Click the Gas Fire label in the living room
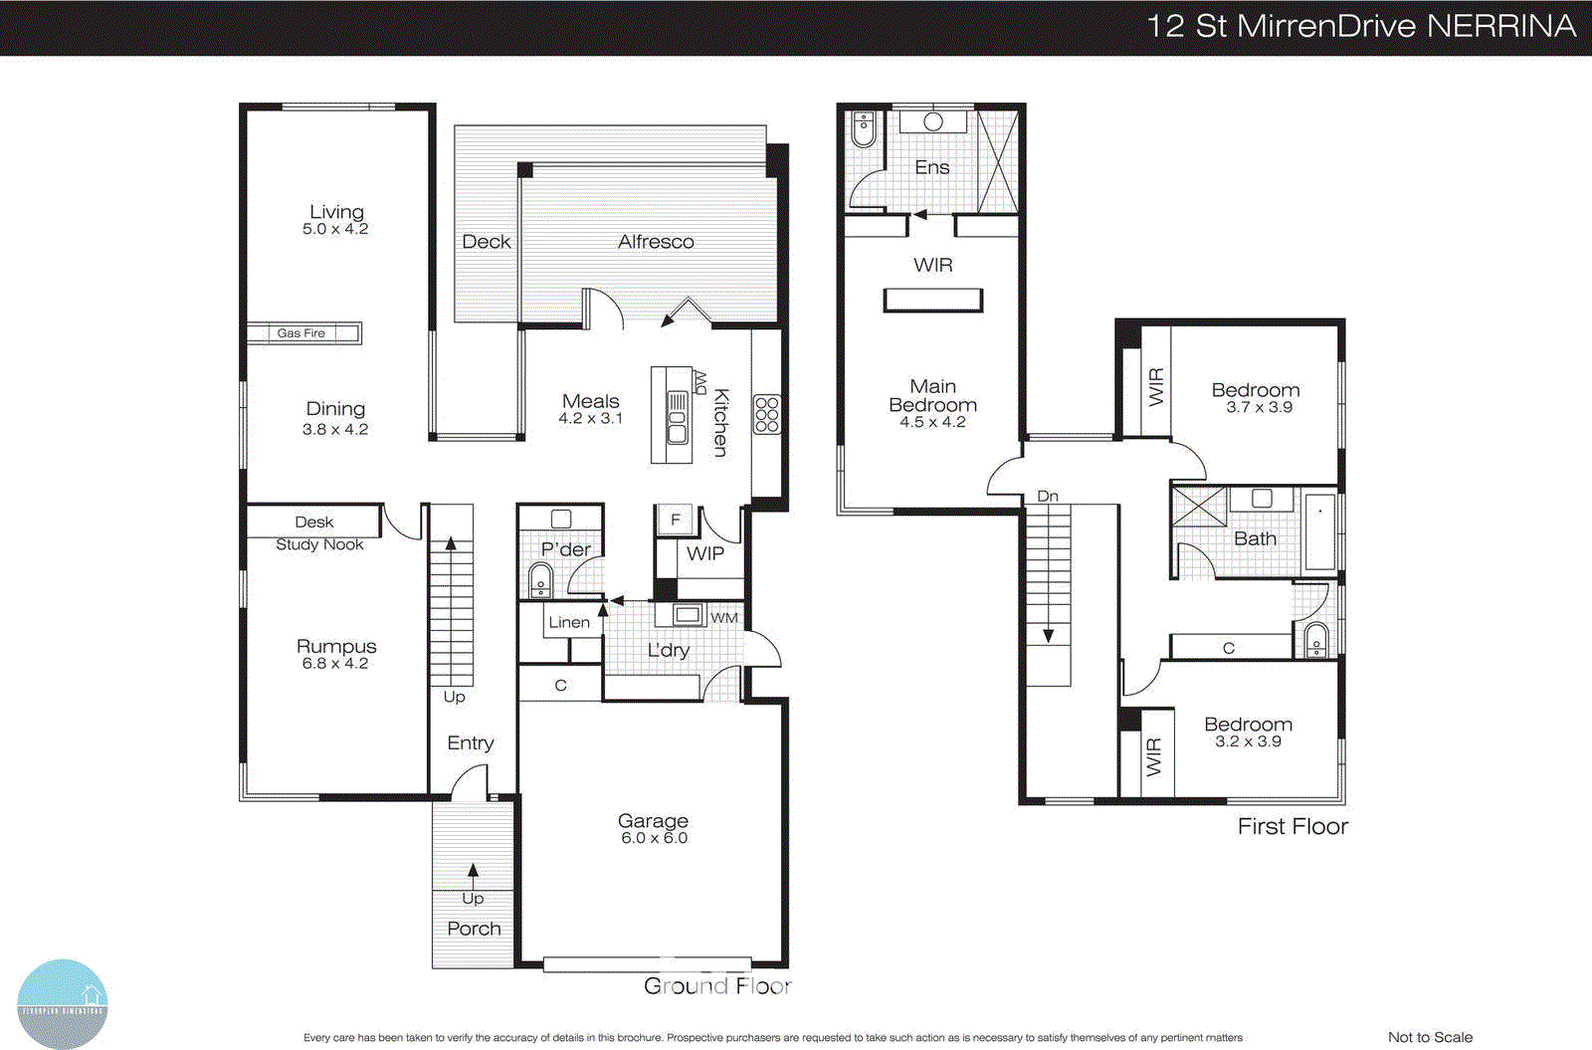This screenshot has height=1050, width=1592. pos(301,333)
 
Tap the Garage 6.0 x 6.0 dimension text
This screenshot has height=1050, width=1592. pos(654,838)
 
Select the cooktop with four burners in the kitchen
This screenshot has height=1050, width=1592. pos(766,414)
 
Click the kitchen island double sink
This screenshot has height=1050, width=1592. pos(677,418)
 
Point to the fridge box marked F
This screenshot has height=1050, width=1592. pos(675,520)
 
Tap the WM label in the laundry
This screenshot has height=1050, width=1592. pos(724,618)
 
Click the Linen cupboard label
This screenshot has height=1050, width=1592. pos(569,622)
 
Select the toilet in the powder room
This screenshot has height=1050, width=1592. pos(540,579)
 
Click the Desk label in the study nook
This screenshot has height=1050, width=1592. pos(313,522)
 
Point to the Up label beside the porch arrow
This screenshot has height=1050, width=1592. pos(473,898)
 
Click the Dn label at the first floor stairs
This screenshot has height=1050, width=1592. pos(1048,496)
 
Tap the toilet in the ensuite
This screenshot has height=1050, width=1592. pos(864,128)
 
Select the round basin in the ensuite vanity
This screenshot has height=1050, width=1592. pos(933,121)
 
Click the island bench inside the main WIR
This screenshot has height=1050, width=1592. pos(933,300)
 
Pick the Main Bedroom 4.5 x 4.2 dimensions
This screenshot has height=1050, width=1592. pos(932,422)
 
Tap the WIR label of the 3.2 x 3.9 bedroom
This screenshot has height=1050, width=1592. pos(1153,757)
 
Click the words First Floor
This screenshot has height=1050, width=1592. pos(1293,826)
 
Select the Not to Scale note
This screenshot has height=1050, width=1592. pos(1430,1037)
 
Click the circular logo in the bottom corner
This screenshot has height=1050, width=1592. pos(63,1003)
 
